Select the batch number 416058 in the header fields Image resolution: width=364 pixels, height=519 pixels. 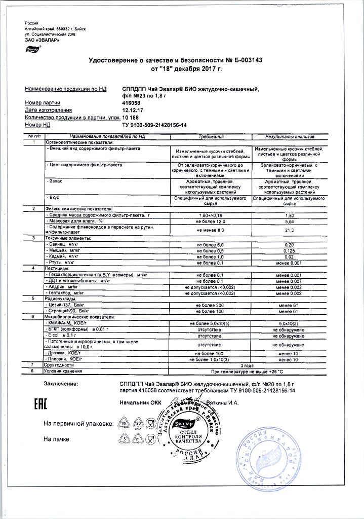pos(132,102)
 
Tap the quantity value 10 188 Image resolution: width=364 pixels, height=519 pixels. pos(131,117)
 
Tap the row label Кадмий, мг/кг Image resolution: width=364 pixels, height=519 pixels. pos(64,256)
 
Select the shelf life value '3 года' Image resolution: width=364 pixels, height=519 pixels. pos(247,364)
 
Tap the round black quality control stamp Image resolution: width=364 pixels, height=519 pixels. pos(188,430)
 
